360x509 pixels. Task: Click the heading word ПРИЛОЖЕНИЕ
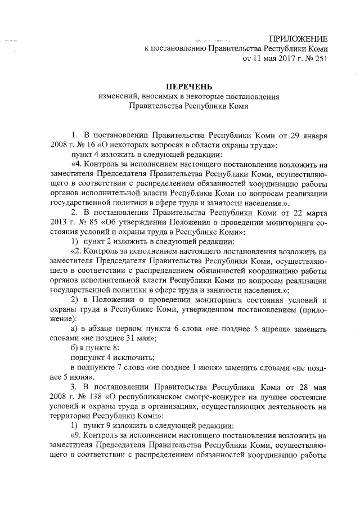pyautogui.click(x=298, y=38)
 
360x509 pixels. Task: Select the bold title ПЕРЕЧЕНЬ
pyautogui.click(x=188, y=87)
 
